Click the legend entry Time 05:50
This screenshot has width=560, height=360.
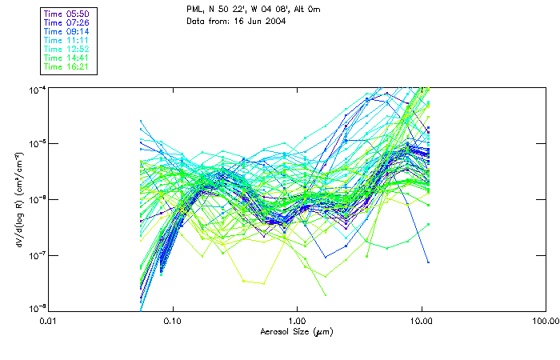(67, 14)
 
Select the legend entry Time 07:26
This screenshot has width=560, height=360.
(67, 23)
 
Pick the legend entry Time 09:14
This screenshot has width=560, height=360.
(67, 32)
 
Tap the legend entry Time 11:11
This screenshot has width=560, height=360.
(67, 41)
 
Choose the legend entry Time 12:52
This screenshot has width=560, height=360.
(67, 50)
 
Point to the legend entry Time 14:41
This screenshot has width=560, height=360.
(67, 58)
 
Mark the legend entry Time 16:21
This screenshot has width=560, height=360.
(67, 67)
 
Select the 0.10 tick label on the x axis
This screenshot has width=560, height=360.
(172, 321)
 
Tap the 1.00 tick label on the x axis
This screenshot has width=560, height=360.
(297, 321)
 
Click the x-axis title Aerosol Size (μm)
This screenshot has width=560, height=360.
(297, 331)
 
